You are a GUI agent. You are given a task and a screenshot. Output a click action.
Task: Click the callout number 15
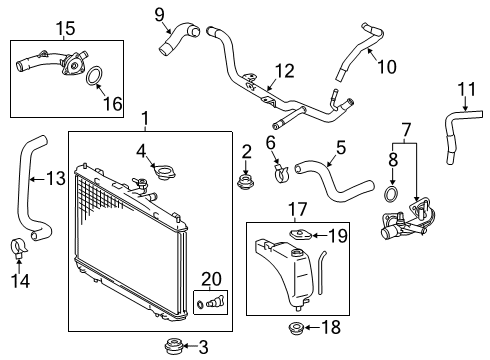click(37, 27)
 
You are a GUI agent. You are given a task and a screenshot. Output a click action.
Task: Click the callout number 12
click(285, 70)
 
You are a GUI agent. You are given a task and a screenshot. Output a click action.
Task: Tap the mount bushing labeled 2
click(243, 182)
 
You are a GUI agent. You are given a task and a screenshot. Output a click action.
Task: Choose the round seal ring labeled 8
click(394, 194)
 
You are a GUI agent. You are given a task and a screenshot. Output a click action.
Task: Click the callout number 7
click(405, 129)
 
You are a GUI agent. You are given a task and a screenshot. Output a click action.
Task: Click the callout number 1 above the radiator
click(145, 121)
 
